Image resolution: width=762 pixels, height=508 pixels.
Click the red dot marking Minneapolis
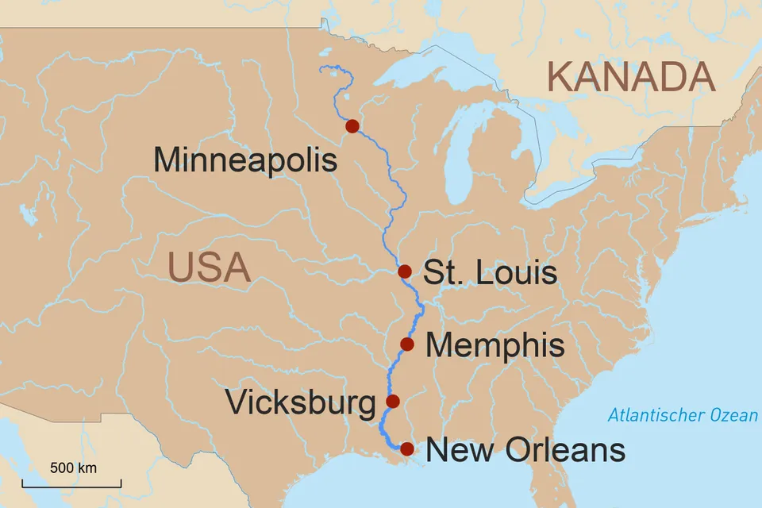point(352,126)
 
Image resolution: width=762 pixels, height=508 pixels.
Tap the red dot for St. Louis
point(405,271)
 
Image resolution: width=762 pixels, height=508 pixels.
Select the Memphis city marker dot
point(407,344)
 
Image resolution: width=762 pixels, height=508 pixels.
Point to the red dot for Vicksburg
point(392,401)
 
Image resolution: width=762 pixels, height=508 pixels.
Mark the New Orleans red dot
point(407,449)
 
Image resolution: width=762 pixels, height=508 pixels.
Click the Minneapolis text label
point(245,160)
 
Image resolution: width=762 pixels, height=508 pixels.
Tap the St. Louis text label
point(490,273)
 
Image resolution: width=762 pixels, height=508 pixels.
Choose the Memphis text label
point(495,345)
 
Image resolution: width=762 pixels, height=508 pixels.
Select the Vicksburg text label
point(300,402)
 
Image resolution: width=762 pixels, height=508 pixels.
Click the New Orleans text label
point(525,451)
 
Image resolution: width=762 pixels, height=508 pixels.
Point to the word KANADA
point(631,78)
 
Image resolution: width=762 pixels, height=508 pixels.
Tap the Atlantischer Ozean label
point(683,415)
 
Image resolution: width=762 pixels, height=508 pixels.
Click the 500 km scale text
point(73,468)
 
